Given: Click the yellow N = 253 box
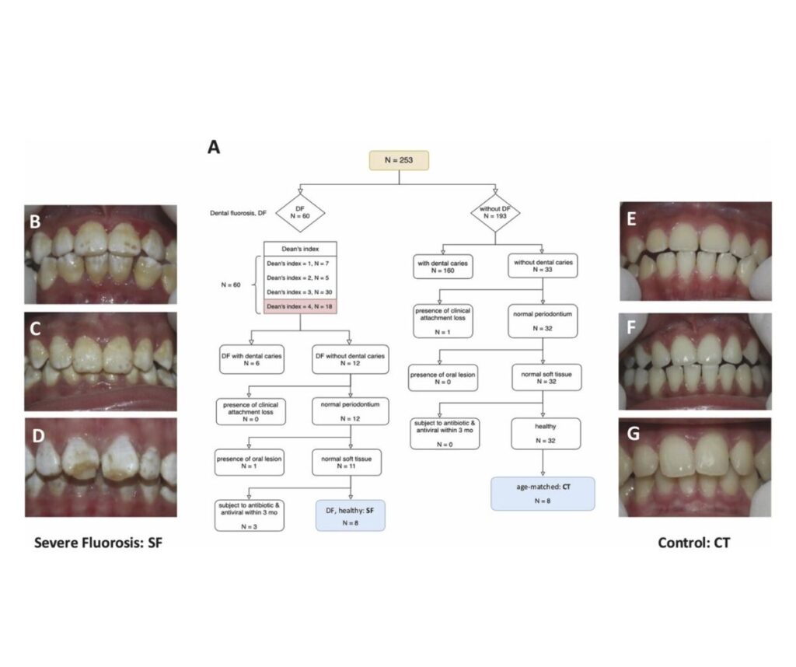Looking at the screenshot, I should click(399, 161).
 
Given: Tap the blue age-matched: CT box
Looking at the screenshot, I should click(542, 493).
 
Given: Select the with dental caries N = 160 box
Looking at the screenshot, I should click(445, 267).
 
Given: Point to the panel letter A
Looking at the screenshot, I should click(214, 148).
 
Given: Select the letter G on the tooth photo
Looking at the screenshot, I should click(633, 433).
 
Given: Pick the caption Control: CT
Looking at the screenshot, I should click(693, 542).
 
